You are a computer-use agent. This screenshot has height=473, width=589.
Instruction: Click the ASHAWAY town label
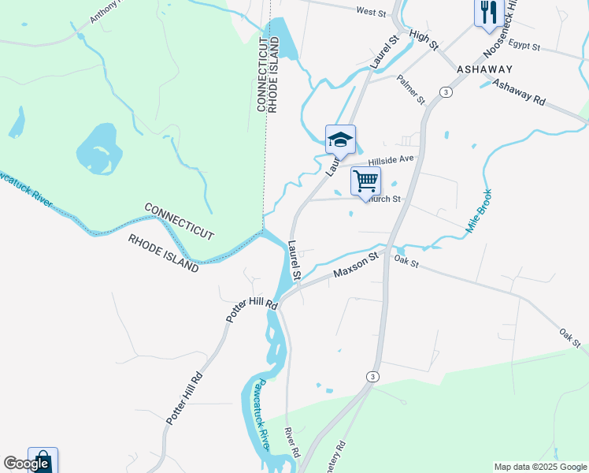click(x=484, y=69)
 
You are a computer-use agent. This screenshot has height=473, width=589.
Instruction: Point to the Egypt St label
click(x=524, y=47)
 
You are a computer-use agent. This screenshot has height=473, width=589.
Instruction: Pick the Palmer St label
click(x=410, y=90)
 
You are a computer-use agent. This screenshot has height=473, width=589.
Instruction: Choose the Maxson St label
click(x=356, y=265)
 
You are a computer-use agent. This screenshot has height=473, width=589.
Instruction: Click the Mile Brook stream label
click(x=479, y=210)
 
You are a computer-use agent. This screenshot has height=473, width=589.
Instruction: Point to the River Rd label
click(x=292, y=444)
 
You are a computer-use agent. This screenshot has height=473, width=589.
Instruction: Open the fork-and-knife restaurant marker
click(x=488, y=13)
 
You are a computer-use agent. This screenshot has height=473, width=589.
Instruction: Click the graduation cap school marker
click(x=340, y=140)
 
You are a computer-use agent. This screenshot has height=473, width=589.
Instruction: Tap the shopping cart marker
click(x=365, y=181)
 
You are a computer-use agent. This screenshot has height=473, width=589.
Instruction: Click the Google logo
click(x=26, y=464)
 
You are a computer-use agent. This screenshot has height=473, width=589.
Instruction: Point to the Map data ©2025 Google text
click(x=539, y=467)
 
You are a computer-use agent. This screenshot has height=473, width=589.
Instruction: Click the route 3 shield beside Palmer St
click(x=446, y=92)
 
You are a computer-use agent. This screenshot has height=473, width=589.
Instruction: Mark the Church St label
click(x=385, y=199)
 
